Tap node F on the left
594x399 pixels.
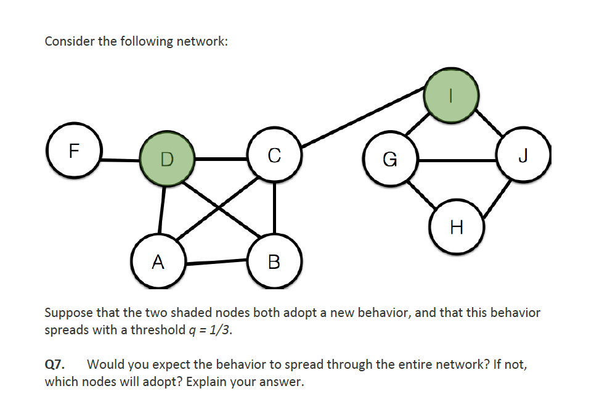75,151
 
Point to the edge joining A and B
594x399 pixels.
216,262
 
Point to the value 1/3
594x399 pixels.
221,330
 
